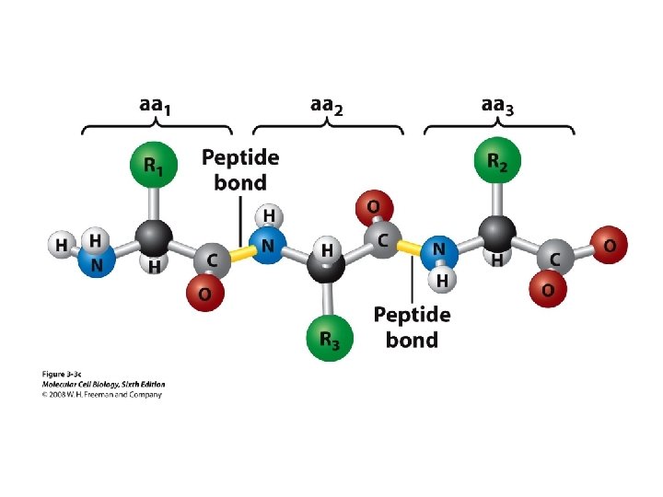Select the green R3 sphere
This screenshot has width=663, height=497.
(x=328, y=338)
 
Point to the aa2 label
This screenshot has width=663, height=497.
(x=327, y=107)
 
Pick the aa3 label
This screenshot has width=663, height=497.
(x=498, y=107)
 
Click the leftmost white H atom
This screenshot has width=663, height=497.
(x=60, y=246)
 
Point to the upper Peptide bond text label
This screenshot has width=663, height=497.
(x=240, y=169)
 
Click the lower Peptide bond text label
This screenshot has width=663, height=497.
(x=412, y=327)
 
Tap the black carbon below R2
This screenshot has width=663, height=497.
(x=498, y=232)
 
